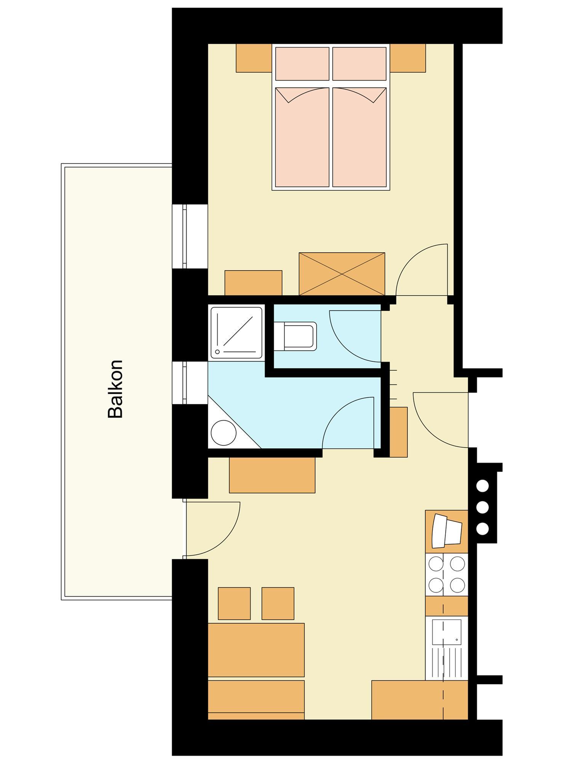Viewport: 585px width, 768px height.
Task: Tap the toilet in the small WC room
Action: (296, 336)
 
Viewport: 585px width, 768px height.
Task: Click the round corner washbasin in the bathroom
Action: (224, 432)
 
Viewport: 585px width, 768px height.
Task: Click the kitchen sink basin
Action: (447, 632)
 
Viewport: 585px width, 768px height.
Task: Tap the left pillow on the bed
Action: (302, 64)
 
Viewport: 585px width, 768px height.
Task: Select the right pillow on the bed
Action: (360, 64)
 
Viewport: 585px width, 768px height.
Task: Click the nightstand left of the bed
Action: (254, 58)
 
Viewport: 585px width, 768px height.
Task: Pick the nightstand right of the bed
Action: (408, 58)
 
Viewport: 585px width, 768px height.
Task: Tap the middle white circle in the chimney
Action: (483, 507)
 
